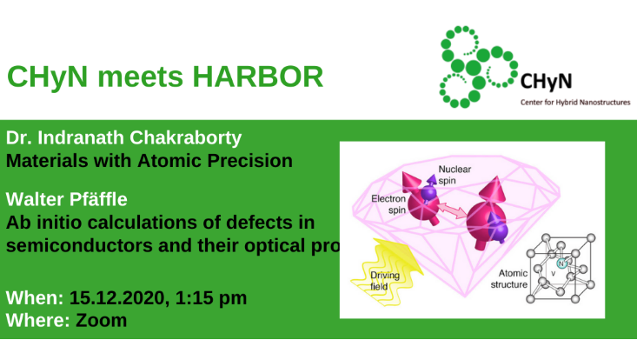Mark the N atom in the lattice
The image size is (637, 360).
[x=563, y=263]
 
